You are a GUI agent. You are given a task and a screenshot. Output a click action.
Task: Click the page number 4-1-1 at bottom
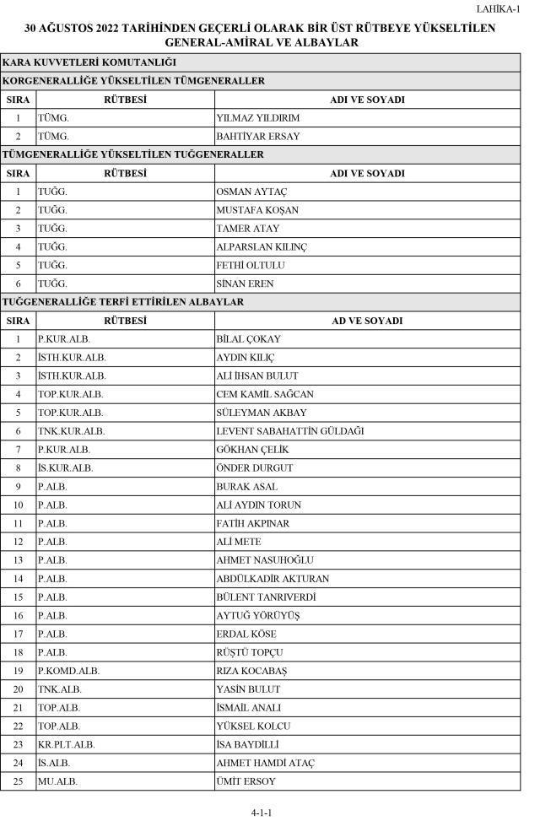point(262,813)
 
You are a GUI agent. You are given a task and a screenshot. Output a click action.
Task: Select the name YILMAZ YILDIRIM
point(257,118)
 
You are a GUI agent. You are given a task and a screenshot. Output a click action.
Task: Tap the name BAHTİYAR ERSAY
point(258,137)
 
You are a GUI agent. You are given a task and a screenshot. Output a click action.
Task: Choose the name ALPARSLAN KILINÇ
point(262,247)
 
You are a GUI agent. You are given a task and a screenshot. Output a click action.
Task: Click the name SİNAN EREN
point(246,284)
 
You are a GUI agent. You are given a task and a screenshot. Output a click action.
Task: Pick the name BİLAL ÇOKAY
point(249,339)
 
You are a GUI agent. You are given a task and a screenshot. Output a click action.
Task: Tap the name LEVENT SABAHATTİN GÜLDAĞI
point(290,431)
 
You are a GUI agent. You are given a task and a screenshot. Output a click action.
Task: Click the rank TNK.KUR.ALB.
point(71,431)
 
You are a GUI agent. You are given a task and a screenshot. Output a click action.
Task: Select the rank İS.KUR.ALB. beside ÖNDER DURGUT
point(65,468)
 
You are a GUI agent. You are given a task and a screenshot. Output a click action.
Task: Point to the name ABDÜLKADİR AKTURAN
point(273,579)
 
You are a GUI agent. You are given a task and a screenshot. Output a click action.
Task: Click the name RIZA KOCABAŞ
point(252,671)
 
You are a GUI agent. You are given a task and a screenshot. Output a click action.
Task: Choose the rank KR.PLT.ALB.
point(66,745)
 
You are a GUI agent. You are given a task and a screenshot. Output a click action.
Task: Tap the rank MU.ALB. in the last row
point(57,781)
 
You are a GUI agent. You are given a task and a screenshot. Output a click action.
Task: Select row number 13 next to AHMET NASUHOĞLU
point(18,560)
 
